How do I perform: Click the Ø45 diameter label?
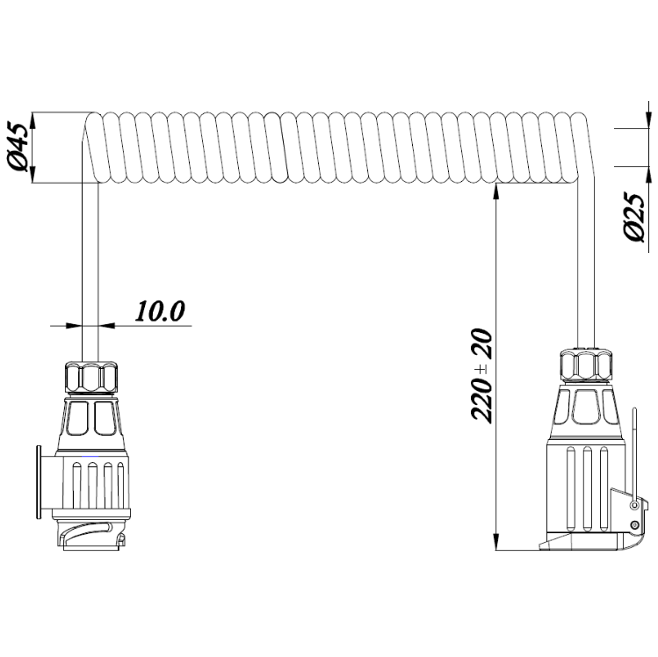pyautogui.click(x=19, y=148)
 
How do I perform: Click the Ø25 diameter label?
pyautogui.click(x=634, y=217)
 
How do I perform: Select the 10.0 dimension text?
pyautogui.click(x=160, y=311)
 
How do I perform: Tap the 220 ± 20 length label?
pyautogui.click(x=481, y=375)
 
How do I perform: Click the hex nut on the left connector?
pyautogui.click(x=90, y=377)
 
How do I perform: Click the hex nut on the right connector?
pyautogui.click(x=586, y=366)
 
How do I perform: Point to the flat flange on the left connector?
pyautogui.click(x=39, y=482)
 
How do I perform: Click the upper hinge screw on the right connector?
pyautogui.click(x=635, y=506)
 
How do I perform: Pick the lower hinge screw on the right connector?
pyautogui.click(x=635, y=524)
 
